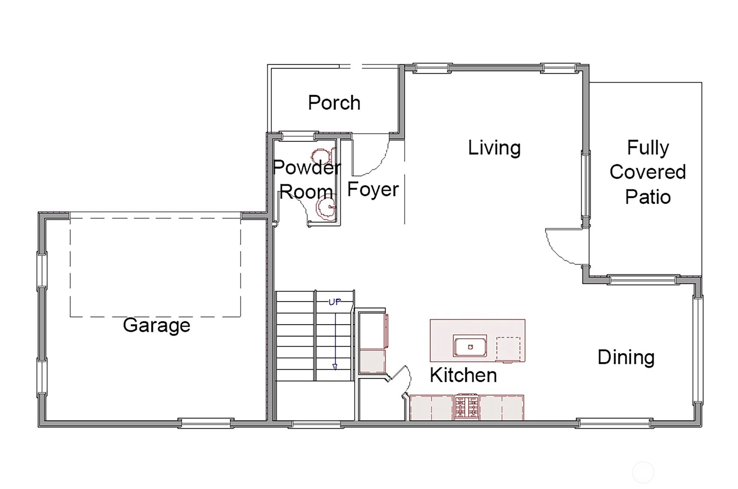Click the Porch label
tap(334, 102)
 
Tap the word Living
tap(494, 148)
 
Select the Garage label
tap(157, 326)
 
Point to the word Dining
tap(626, 358)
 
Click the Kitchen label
tap(463, 375)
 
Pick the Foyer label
tap(373, 190)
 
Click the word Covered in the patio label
tap(648, 172)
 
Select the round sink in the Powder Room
tap(326, 207)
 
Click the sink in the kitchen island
tap(470, 346)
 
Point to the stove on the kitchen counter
tap(467, 407)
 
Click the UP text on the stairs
tap(335, 302)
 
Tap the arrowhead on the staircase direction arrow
tap(335, 367)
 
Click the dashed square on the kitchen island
tap(508, 349)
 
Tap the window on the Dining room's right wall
tap(698, 350)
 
